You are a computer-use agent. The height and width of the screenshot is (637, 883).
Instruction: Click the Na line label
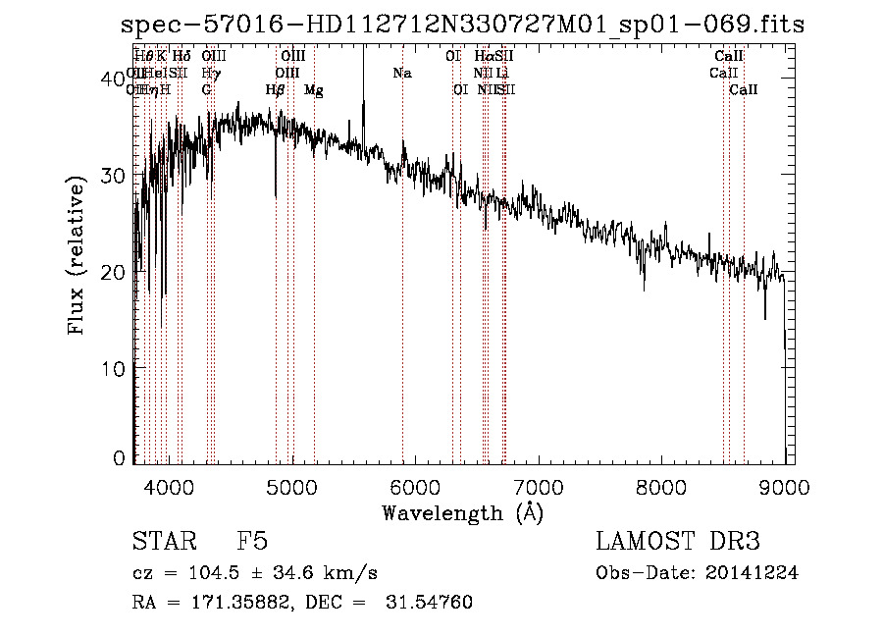[401, 73]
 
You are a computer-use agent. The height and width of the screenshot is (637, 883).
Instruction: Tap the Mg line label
[314, 89]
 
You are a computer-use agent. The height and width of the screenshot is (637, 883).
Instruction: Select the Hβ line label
[276, 89]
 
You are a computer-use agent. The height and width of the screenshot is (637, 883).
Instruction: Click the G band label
[207, 89]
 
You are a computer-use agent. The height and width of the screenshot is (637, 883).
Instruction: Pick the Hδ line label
[182, 57]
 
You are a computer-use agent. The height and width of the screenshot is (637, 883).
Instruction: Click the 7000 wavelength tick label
[539, 485]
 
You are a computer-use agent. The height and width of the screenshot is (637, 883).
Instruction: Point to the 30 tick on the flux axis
[115, 176]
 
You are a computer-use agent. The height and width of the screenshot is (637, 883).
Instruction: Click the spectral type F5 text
[252, 542]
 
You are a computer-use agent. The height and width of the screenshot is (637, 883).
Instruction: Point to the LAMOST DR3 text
[677, 542]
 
